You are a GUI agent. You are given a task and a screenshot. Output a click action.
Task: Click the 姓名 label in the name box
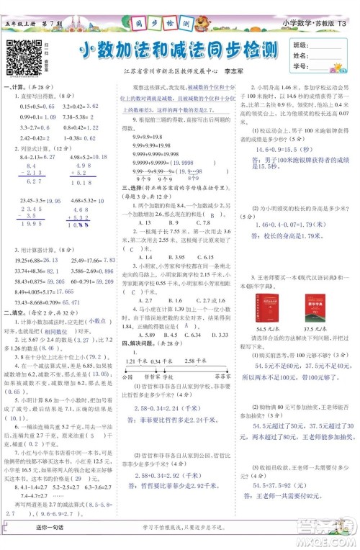[302, 56]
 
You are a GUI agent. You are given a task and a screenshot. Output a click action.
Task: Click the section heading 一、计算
[14, 86]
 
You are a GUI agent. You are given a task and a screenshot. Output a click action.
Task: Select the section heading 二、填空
[14, 292]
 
